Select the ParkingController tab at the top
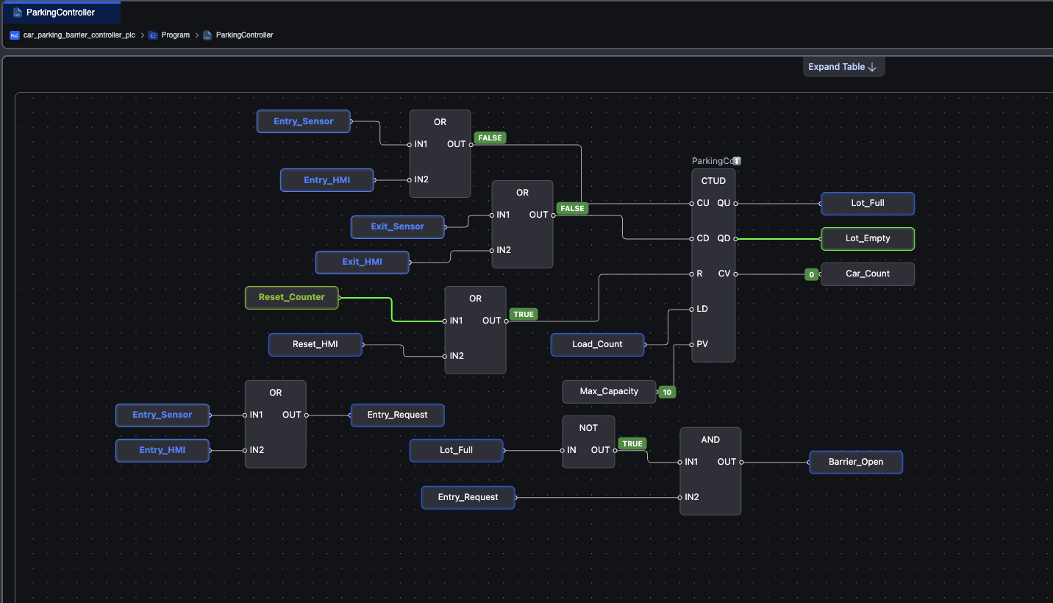(x=61, y=13)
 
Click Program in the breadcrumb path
(x=175, y=35)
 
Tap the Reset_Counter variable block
(x=291, y=298)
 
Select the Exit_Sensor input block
(x=397, y=227)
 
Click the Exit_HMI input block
(x=362, y=263)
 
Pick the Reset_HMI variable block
(x=315, y=344)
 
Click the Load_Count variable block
(x=597, y=344)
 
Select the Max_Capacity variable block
(x=609, y=391)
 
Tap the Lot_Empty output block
(x=867, y=239)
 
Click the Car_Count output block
(x=867, y=274)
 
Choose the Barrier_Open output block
(x=856, y=462)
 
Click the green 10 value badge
(x=667, y=392)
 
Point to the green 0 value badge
(x=811, y=274)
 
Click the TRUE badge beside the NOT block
(x=632, y=443)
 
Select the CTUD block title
(x=713, y=181)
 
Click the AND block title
(x=710, y=440)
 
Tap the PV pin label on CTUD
(x=702, y=344)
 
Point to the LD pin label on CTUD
(x=702, y=310)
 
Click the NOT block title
(x=588, y=428)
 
